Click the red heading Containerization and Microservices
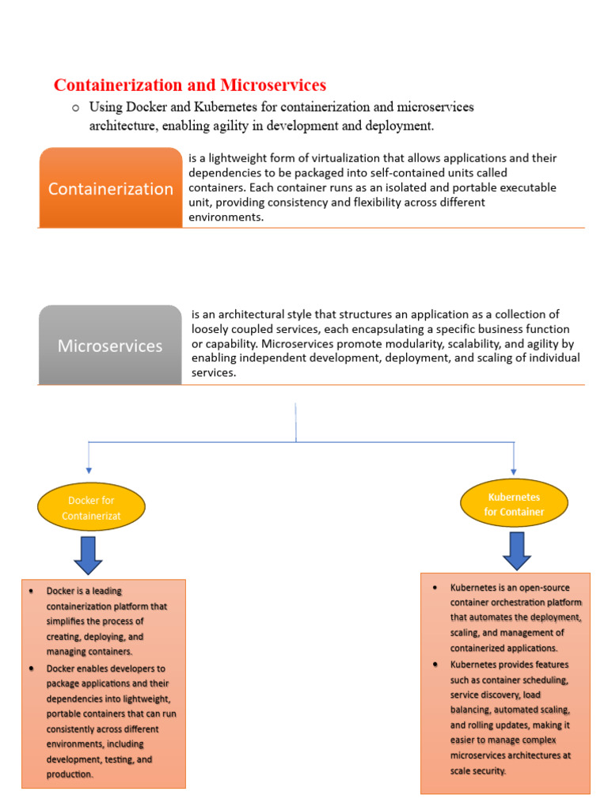(189, 85)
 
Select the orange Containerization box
(111, 188)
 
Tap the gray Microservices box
(110, 346)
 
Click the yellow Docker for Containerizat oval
(92, 508)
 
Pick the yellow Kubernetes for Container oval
(515, 505)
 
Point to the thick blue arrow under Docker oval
(88, 555)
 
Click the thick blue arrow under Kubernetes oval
(516, 551)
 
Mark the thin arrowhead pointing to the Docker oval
(89, 471)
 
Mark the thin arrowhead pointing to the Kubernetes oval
(515, 471)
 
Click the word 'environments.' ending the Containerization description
(226, 217)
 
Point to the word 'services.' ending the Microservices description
(214, 373)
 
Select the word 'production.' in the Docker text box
(70, 774)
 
